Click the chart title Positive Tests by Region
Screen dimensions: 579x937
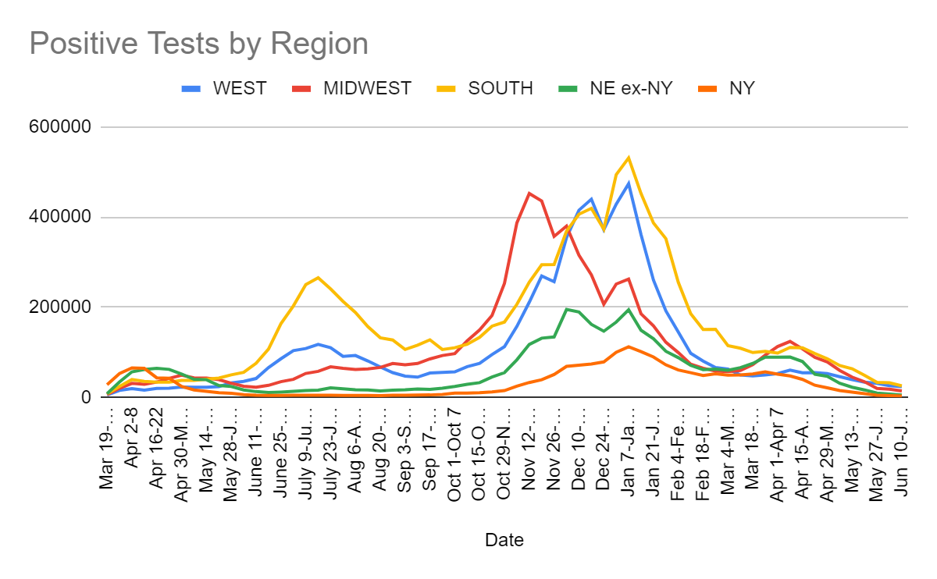coord(198,44)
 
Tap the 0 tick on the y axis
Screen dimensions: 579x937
coord(86,398)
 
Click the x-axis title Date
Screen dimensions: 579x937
coord(504,540)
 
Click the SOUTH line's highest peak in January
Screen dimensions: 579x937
coord(629,158)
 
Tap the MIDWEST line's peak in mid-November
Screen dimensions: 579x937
coord(529,193)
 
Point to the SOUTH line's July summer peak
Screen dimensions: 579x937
coord(318,277)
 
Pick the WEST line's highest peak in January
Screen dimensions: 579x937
coord(629,183)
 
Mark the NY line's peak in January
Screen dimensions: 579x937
coord(629,346)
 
